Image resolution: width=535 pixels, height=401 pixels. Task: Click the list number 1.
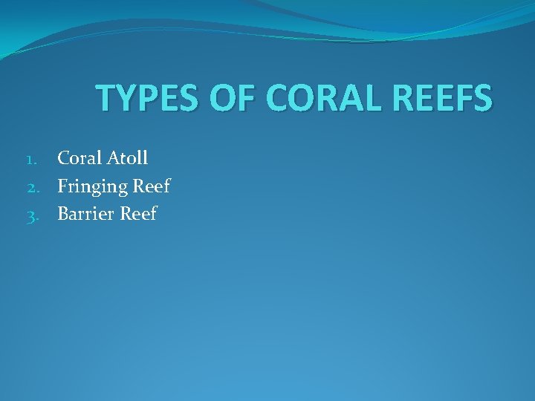[42, 159]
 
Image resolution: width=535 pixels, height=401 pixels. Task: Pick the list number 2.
[42, 187]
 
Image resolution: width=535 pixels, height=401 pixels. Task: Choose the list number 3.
[42, 215]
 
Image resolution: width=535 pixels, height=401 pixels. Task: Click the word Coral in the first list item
[80, 157]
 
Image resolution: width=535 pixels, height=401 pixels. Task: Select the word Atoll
[128, 157]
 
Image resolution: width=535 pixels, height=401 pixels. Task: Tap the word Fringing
[92, 186]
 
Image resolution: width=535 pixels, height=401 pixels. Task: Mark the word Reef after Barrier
[138, 214]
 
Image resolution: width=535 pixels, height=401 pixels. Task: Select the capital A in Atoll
[114, 157]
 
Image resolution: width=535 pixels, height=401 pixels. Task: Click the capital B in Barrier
[64, 214]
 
